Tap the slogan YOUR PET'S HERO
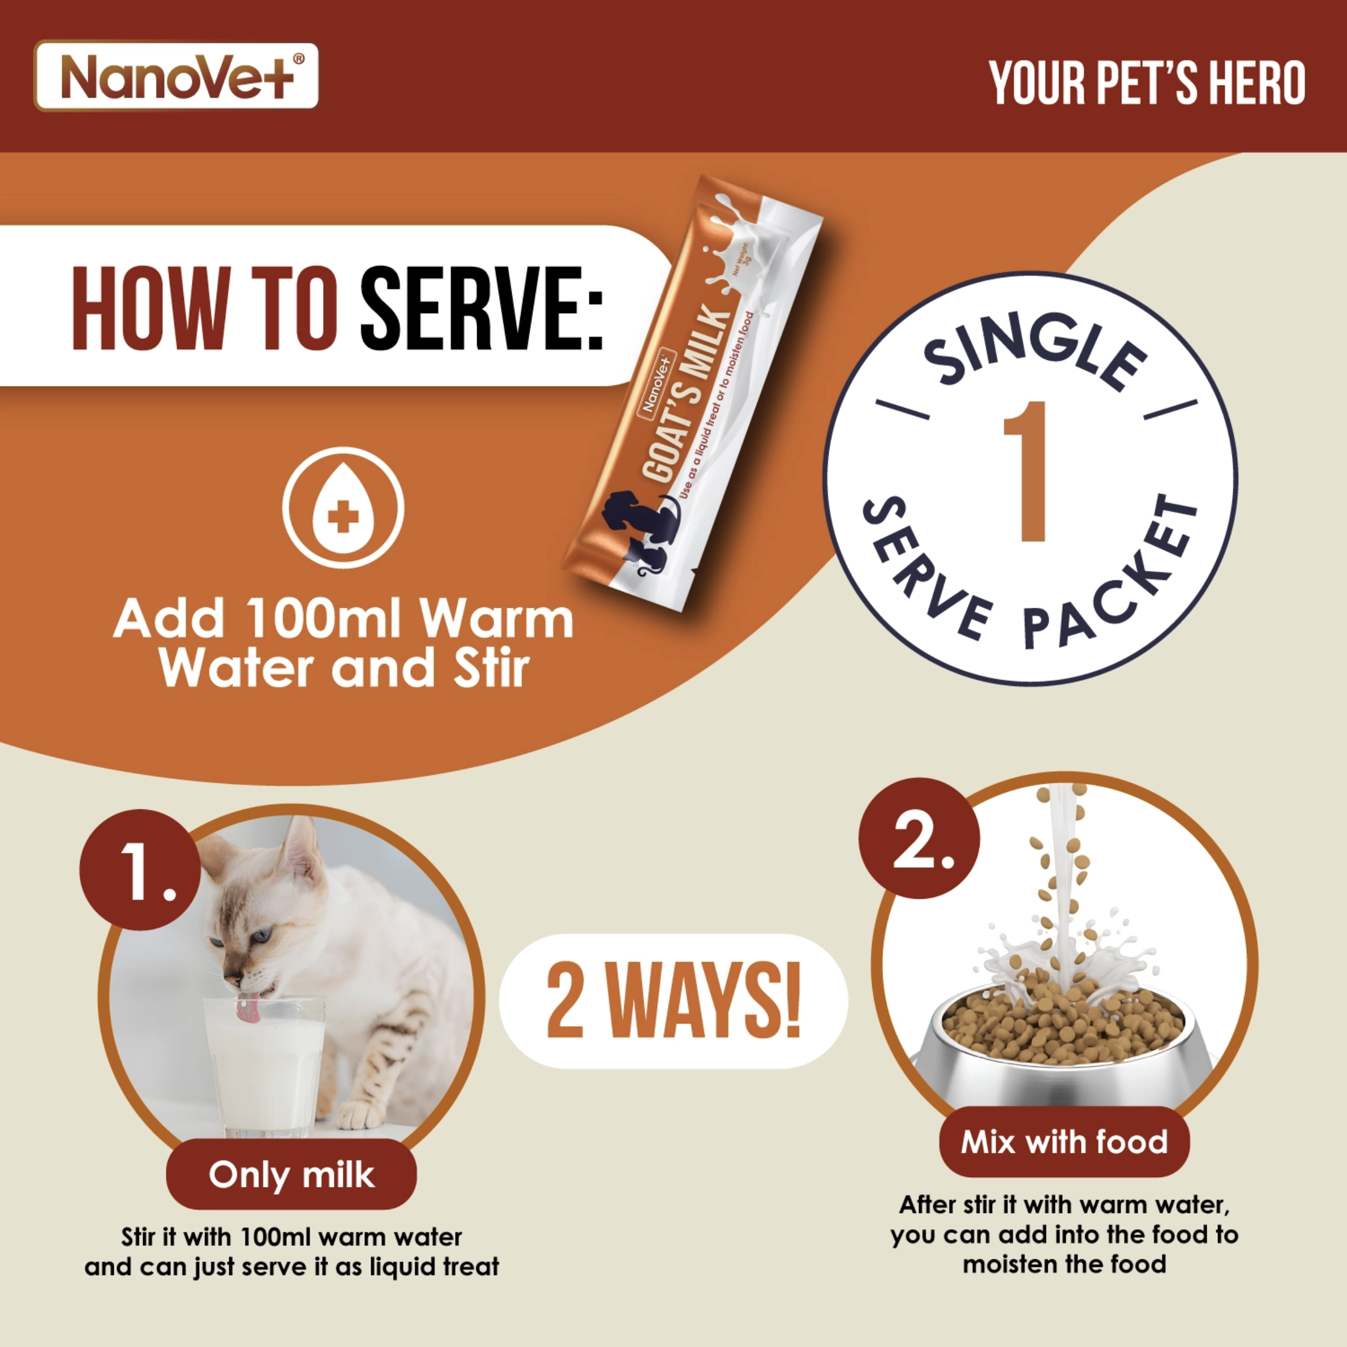pos(1147,84)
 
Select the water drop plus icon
pos(343,508)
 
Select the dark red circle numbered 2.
pos(920,838)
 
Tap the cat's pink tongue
pos(247,1010)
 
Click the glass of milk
pos(264,1066)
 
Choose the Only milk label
pos(291,1175)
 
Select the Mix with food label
pos(1065,1142)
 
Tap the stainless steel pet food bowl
pos(1064,1046)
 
